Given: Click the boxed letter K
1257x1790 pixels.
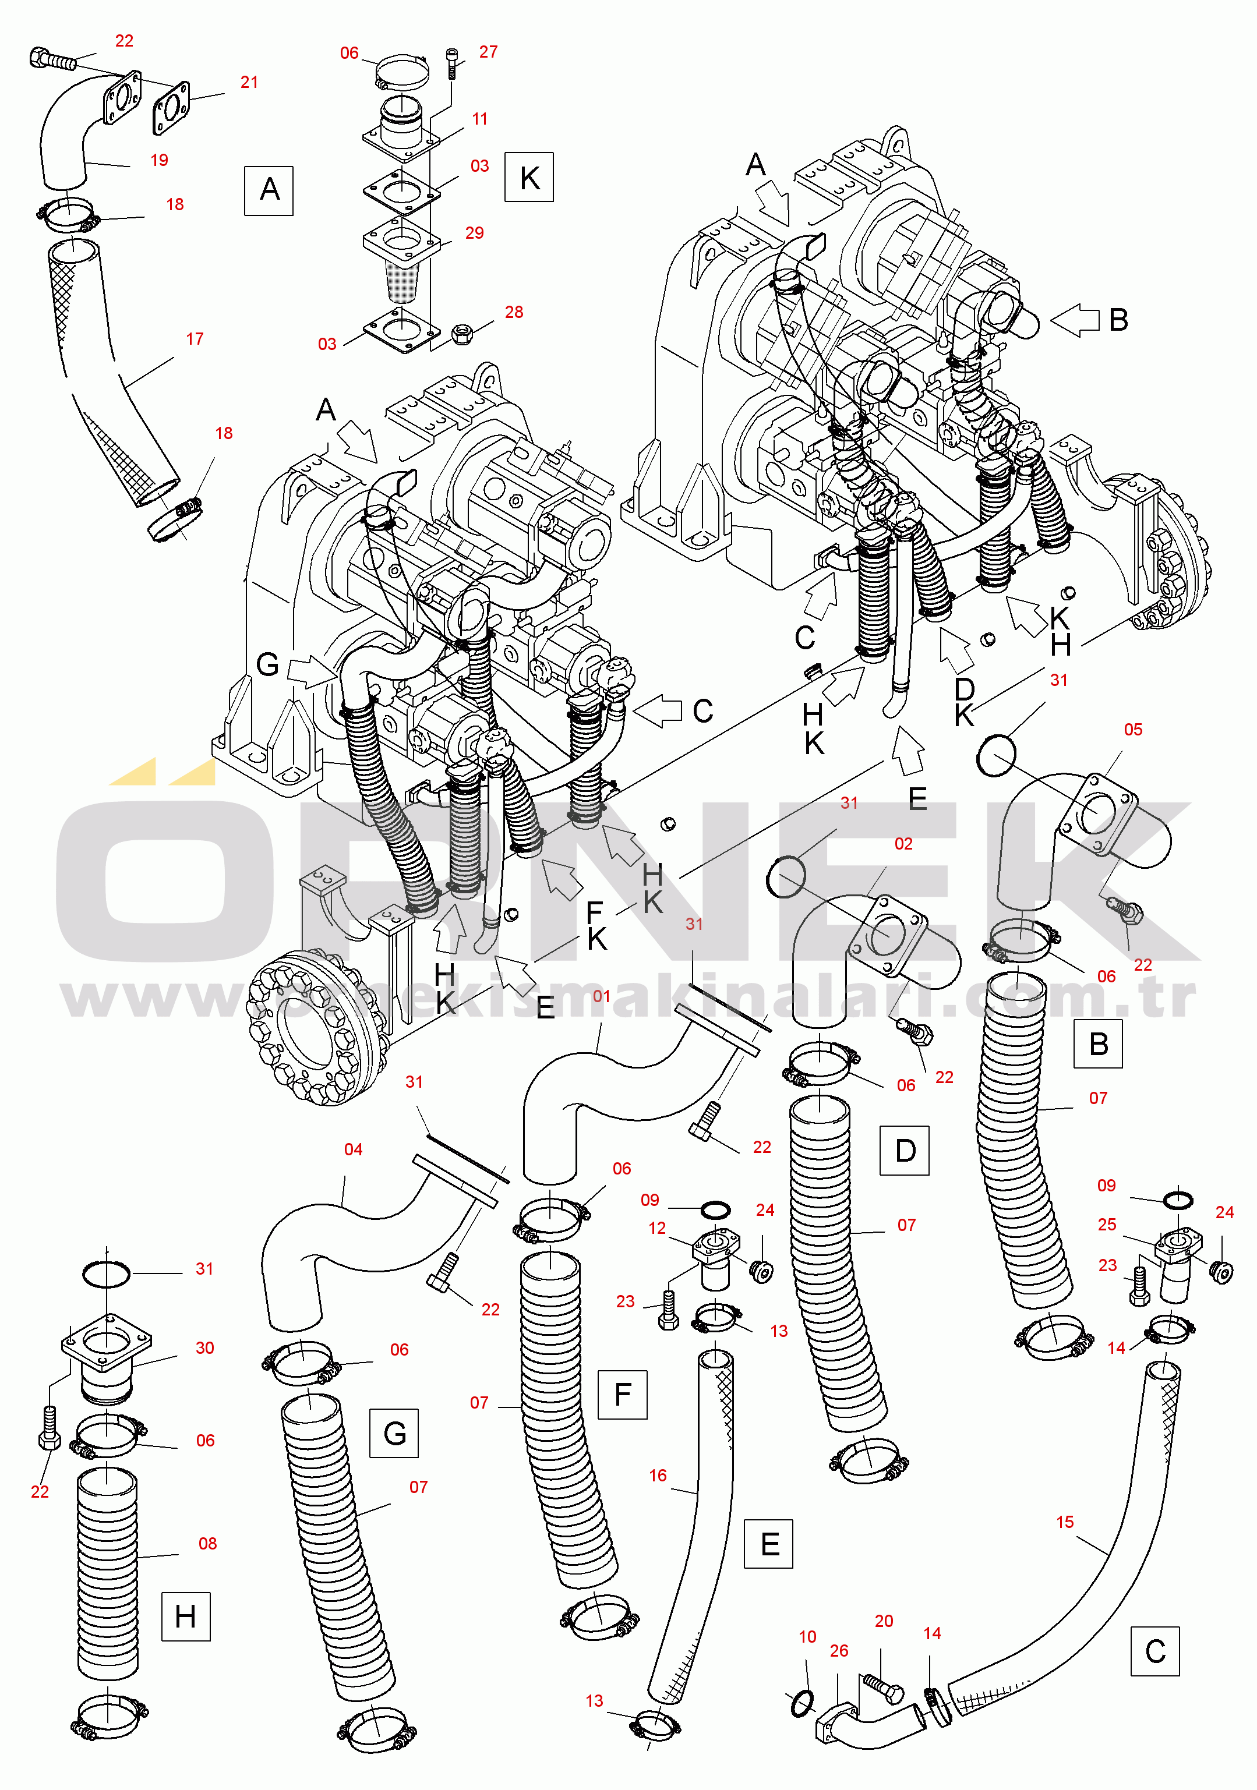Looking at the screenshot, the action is point(529,177).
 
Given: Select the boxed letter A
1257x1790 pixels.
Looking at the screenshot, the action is point(269,190).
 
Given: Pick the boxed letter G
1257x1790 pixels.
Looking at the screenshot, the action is point(394,1433).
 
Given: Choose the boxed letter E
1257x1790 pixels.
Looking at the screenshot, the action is point(769,1544).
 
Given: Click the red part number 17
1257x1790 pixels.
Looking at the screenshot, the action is point(194,339).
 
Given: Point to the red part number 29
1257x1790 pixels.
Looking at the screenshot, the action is point(474,233).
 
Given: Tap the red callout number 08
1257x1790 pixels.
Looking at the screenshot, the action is point(207,1544).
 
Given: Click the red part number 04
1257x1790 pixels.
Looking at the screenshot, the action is point(353,1149).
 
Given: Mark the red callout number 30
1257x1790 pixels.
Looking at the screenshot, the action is point(204,1348).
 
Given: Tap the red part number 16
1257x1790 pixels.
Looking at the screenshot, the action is point(658,1475).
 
